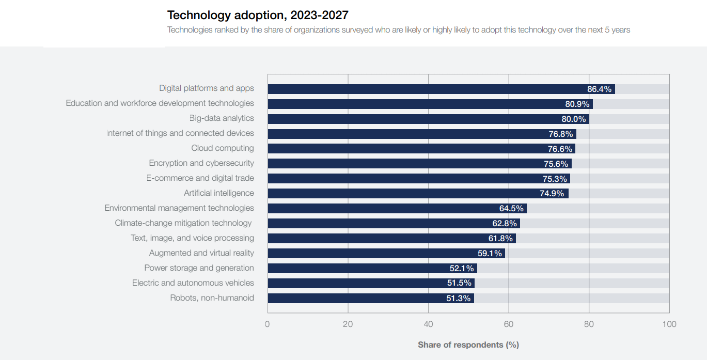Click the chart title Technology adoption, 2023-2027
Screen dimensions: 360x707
click(258, 15)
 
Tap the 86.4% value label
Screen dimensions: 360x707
click(599, 89)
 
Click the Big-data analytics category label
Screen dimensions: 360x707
click(222, 118)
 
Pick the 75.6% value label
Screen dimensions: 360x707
click(556, 164)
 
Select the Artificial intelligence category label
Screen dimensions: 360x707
click(219, 193)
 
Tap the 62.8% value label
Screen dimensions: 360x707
click(505, 224)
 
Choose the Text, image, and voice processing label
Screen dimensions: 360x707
click(192, 238)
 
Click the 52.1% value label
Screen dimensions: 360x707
click(462, 269)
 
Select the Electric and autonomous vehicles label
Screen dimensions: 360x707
click(193, 283)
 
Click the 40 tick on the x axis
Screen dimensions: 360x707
click(428, 324)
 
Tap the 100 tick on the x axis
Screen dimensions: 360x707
click(669, 324)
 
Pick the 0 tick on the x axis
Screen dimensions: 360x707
click(268, 324)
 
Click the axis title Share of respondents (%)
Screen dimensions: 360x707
click(468, 345)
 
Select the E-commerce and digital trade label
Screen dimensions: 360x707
click(200, 178)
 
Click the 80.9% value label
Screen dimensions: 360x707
click(577, 104)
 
